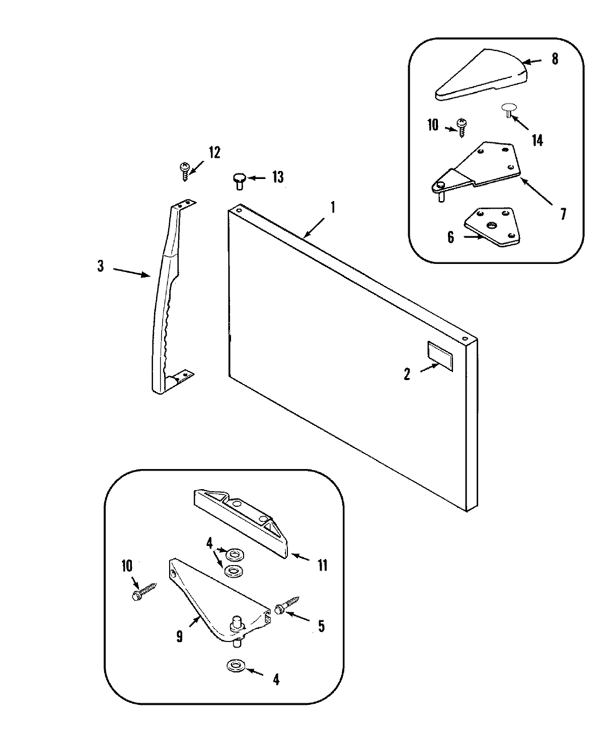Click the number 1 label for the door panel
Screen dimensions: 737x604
[x=332, y=207]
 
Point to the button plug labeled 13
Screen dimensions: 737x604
[x=239, y=180]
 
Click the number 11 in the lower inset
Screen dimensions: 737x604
[x=322, y=566]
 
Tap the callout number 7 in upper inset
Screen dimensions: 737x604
[x=563, y=215]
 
